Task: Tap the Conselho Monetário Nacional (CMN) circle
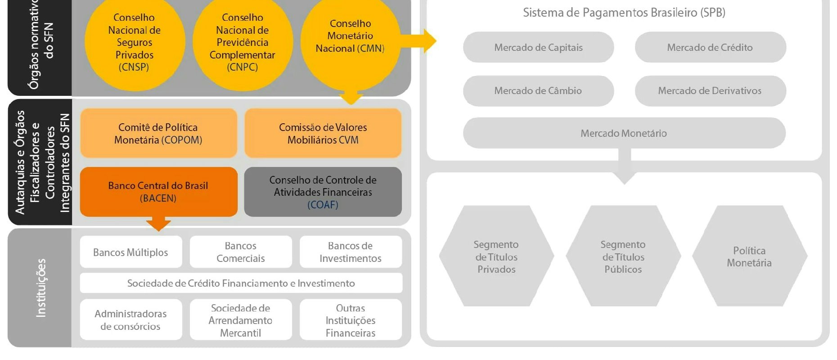350,38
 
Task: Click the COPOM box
158,133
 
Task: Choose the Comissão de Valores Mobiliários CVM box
323,133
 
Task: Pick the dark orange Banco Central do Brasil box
158,192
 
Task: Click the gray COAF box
323,192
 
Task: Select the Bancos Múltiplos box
131,252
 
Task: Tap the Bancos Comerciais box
241,252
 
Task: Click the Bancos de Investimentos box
351,252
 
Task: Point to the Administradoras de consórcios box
131,319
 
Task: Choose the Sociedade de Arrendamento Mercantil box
241,319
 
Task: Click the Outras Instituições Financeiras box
351,319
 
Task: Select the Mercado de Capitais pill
538,47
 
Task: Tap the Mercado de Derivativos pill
710,90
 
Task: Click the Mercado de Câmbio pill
538,90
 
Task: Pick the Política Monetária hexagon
749,256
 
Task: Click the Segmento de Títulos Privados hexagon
496,256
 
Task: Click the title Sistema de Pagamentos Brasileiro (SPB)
624,13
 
